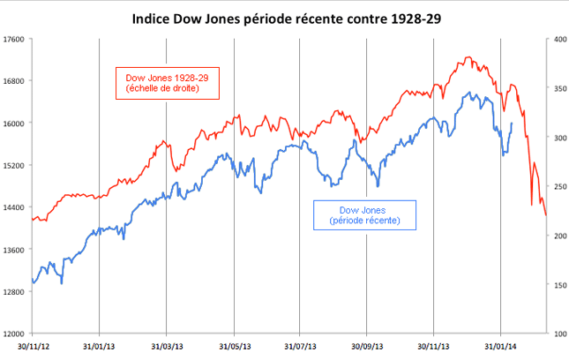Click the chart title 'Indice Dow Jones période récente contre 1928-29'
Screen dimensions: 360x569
284,17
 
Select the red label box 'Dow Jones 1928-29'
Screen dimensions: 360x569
167,82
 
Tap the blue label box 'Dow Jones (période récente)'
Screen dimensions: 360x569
365,215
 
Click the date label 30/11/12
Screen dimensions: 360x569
32,347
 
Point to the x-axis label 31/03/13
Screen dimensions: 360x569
167,347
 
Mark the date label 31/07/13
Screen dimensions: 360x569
301,347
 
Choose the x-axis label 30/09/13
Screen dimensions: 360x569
368,347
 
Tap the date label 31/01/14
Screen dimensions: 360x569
501,347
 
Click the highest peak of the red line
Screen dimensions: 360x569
468,57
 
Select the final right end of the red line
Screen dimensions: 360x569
546,215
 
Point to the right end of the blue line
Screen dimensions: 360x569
512,124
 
